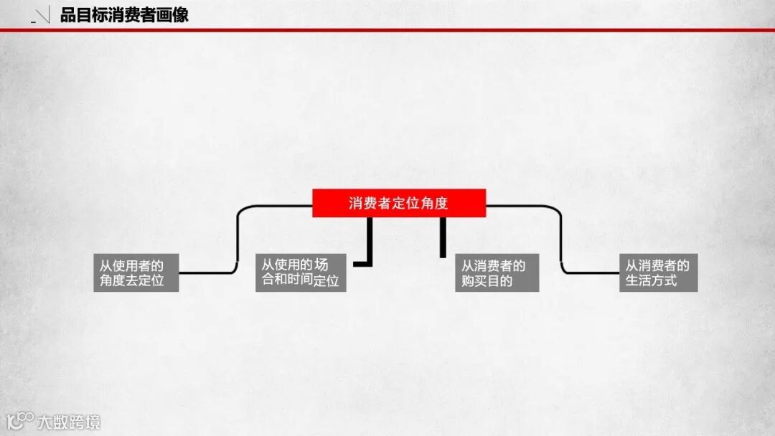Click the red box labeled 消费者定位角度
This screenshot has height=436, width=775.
pos(399,203)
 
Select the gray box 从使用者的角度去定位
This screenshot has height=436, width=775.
pos(136,272)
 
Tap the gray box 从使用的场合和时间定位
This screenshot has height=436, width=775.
pos(301,272)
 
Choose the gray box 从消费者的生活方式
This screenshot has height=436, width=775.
pos(658,272)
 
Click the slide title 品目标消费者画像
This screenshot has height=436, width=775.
pos(124,15)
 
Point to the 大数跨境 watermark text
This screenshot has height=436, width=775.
pos(70,422)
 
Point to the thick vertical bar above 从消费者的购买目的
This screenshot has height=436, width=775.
pos(443,237)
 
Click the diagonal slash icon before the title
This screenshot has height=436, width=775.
pos(42,16)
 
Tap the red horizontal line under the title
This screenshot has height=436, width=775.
pos(387,30)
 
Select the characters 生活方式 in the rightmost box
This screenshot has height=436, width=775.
pos(652,280)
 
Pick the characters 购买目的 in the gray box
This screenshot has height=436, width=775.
pos(487,281)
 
